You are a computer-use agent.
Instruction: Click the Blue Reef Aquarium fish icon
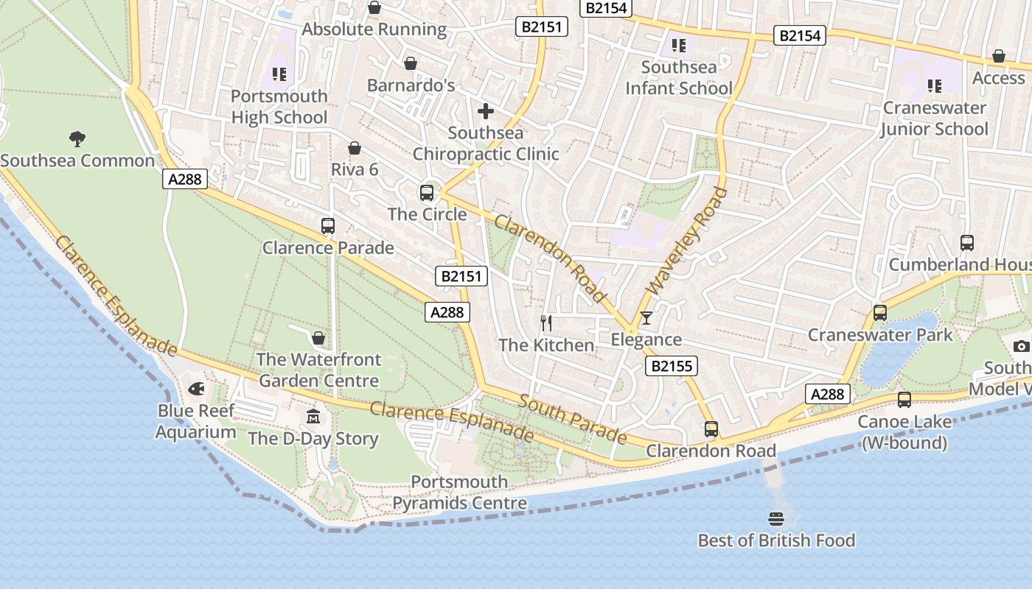tap(196, 388)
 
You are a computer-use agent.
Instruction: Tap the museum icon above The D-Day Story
tap(313, 417)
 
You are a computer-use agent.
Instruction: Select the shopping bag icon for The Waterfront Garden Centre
tap(318, 338)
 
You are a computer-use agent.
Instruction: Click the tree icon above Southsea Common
tap(77, 138)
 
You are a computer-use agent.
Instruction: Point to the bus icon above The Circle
tap(427, 193)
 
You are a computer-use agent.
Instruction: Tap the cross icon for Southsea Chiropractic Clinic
tap(486, 111)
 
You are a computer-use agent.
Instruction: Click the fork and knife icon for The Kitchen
tap(546, 322)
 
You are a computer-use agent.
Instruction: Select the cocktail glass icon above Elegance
tap(646, 317)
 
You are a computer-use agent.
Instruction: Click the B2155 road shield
tap(671, 366)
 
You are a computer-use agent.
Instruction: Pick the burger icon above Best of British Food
tap(775, 518)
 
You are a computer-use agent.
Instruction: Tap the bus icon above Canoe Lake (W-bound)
tap(904, 400)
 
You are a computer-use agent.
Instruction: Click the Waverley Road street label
tap(686, 241)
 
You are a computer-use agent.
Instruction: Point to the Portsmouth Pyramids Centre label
tap(459, 493)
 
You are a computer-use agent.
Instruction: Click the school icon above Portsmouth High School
tap(279, 74)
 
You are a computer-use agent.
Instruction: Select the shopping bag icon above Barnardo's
tap(411, 64)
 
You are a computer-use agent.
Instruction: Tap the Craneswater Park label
tap(880, 335)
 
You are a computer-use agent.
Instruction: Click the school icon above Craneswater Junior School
tap(935, 86)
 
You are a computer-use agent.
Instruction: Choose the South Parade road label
tap(572, 419)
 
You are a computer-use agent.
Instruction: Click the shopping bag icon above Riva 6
tap(355, 148)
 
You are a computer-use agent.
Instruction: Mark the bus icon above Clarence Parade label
tap(328, 226)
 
